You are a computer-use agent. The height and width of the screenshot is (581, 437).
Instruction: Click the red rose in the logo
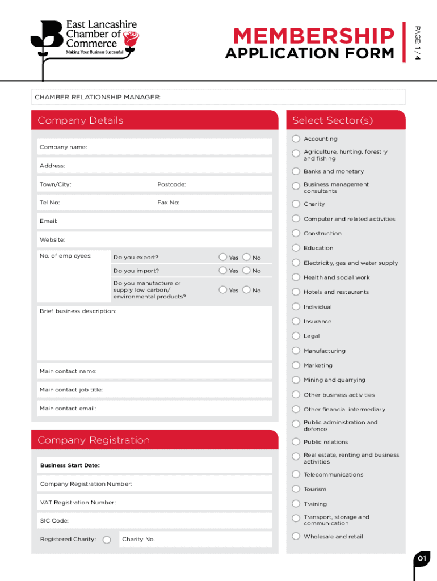click(132, 39)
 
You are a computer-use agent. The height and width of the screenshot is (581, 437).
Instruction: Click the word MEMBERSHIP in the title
click(313, 36)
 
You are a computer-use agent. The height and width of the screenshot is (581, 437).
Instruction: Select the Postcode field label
click(171, 184)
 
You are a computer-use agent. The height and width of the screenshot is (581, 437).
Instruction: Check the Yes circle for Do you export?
click(223, 257)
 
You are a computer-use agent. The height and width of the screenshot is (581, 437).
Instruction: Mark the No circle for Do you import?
click(246, 271)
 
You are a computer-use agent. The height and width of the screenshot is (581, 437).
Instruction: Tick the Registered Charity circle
click(107, 540)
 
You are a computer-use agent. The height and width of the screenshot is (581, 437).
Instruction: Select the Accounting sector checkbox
click(296, 139)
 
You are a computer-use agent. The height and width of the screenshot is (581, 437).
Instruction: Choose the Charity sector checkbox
click(296, 204)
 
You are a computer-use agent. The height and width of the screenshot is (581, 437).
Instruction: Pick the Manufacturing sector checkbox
click(296, 351)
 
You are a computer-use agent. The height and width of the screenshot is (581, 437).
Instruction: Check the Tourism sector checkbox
click(296, 489)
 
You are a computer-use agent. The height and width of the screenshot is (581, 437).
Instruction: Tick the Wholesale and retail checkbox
click(296, 536)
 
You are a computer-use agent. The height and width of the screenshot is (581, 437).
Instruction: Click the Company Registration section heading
click(94, 440)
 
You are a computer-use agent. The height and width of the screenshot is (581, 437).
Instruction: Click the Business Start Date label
click(70, 465)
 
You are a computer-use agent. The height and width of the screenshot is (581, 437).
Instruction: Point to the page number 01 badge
click(422, 559)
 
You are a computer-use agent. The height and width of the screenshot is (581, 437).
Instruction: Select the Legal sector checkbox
click(296, 336)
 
